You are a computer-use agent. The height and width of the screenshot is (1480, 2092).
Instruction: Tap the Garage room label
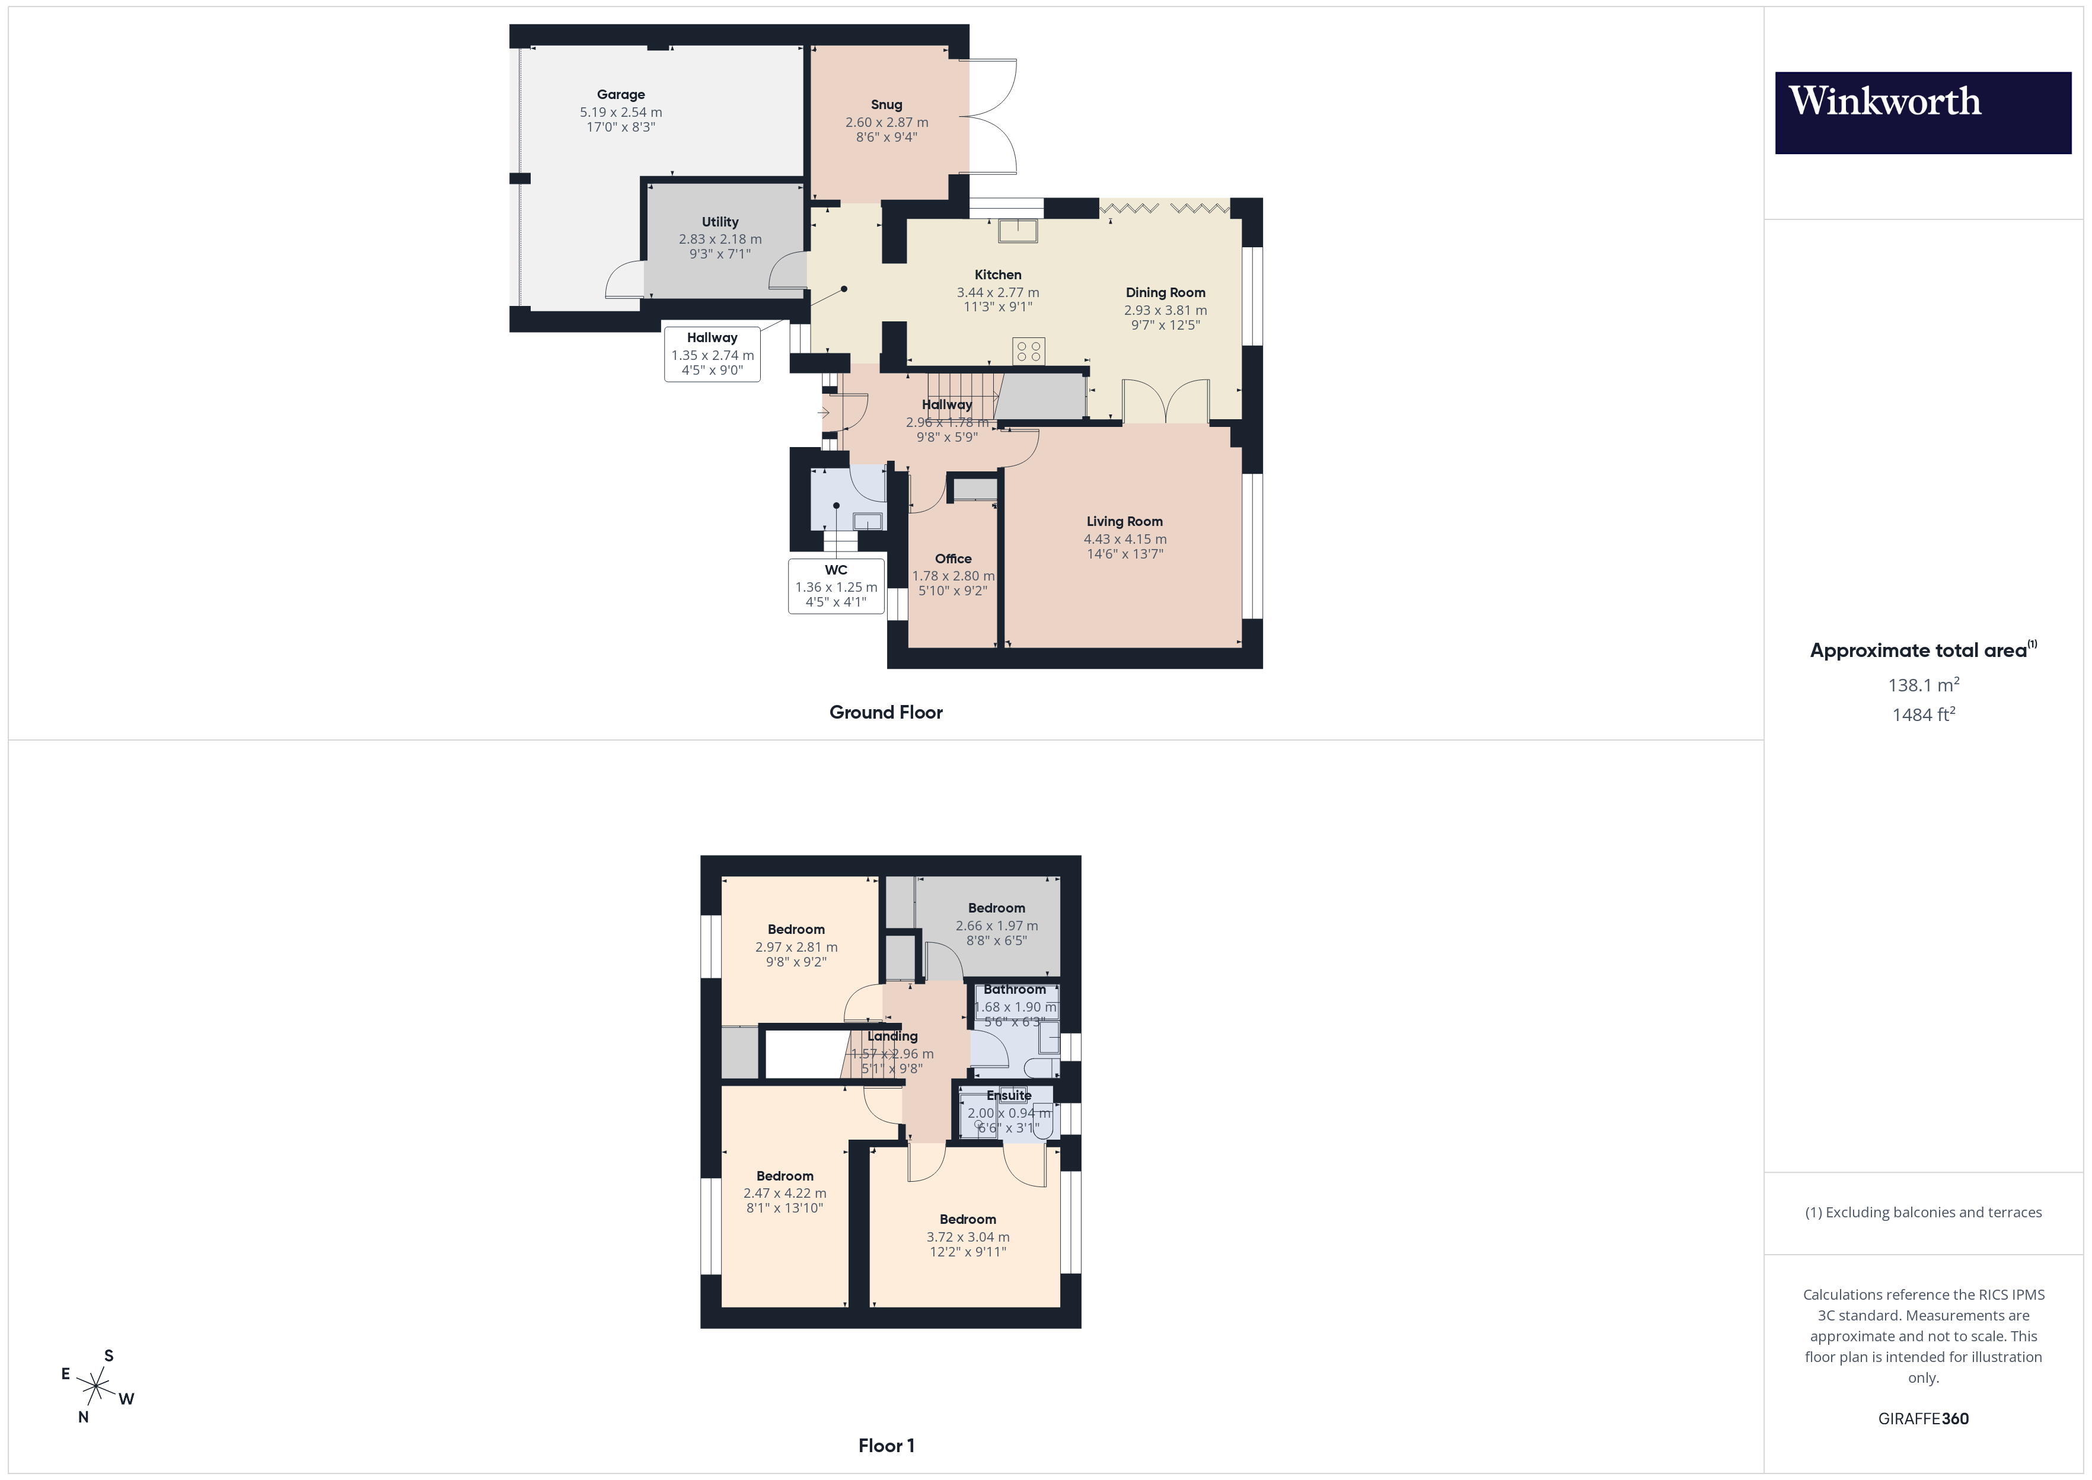[620, 95]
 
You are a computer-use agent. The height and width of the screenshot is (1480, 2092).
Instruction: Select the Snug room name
[886, 105]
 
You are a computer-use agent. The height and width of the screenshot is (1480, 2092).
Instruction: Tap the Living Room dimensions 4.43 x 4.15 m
[1124, 538]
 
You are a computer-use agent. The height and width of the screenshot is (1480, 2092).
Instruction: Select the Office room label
[953, 559]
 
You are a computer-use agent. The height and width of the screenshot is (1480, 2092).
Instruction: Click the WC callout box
[835, 586]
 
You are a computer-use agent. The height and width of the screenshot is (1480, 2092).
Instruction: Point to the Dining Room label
[1165, 292]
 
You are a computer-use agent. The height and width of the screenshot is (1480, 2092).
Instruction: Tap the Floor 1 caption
[886, 1446]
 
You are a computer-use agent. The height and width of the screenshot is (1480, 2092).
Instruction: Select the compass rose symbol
[95, 1387]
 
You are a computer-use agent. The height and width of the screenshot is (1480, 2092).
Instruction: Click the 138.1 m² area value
[1922, 684]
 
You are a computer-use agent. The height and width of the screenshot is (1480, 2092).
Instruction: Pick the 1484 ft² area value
[1922, 715]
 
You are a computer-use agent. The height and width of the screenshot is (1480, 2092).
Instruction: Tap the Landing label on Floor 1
[892, 1036]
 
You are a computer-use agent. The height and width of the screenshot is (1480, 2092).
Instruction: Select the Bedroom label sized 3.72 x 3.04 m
[968, 1219]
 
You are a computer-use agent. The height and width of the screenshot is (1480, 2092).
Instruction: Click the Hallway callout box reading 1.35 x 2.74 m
[712, 353]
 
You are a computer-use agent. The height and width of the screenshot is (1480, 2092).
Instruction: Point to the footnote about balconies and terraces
[1922, 1212]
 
